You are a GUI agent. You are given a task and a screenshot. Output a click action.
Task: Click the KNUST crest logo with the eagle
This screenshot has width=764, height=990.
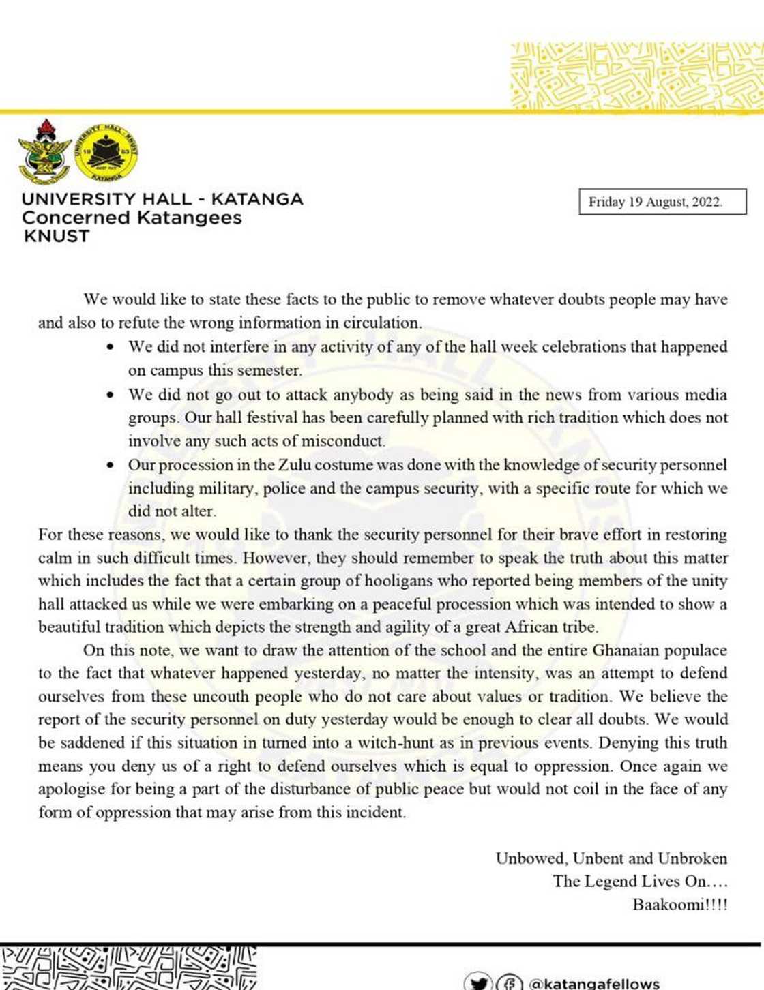pos(44,151)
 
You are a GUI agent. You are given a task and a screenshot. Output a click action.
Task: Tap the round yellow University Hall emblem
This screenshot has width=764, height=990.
pos(106,152)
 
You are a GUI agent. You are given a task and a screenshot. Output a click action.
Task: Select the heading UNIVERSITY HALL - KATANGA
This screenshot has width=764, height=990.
pos(162,199)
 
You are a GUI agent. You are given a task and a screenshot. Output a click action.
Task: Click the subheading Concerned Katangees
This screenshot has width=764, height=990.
pos(132,218)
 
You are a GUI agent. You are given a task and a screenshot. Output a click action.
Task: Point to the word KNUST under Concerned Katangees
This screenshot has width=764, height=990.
pos(56,237)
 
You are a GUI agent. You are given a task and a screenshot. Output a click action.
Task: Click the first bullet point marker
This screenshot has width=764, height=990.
pos(111,347)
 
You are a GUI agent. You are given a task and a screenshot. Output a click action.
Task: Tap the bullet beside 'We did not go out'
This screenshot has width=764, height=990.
pos(111,395)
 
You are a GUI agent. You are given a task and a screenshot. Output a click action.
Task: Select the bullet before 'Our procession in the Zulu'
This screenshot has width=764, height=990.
pos(111,466)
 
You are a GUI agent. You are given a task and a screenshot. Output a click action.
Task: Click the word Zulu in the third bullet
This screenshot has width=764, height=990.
pos(294,465)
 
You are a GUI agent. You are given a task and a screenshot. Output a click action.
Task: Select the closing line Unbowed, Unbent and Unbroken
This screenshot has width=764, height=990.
pos(611,858)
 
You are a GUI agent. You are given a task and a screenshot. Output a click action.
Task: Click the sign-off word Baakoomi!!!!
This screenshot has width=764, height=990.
pos(679,905)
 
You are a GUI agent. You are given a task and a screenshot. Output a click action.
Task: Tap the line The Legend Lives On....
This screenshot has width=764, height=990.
pos(640,882)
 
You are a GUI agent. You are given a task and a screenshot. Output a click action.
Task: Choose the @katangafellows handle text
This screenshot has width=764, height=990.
pos(593,983)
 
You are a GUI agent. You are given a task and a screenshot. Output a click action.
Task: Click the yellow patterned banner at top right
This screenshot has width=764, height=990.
pos(637,76)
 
